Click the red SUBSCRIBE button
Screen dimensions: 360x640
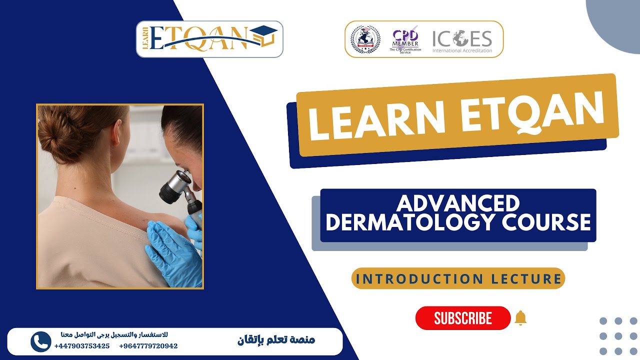click(x=462, y=318)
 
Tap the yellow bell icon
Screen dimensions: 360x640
click(x=520, y=317)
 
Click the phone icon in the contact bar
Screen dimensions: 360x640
click(x=40, y=341)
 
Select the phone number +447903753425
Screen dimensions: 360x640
click(x=81, y=346)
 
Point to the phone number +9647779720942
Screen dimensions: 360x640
click(x=148, y=346)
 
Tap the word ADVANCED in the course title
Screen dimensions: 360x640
click(x=458, y=203)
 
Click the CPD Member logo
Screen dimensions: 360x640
click(x=405, y=39)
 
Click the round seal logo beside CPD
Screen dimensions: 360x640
click(x=365, y=39)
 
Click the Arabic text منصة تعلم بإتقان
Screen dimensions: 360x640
click(x=276, y=340)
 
